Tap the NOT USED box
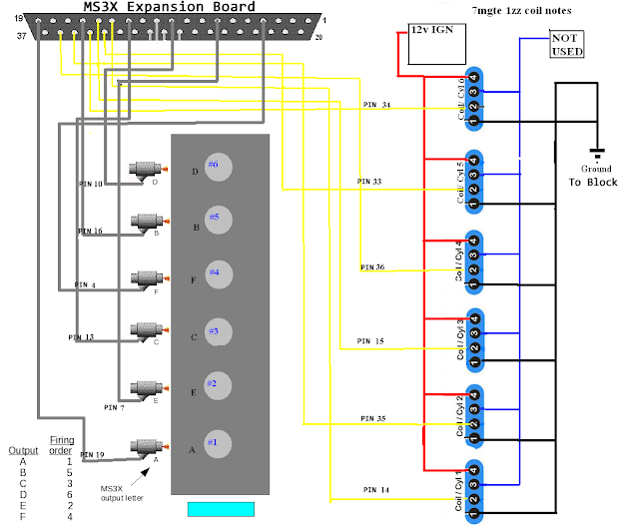click(565, 43)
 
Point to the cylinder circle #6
click(218, 164)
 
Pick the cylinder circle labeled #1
click(218, 440)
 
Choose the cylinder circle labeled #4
click(218, 271)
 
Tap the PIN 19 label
click(92, 455)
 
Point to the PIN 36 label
click(373, 266)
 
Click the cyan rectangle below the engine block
click(221, 509)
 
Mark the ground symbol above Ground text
click(597, 154)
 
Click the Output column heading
click(23, 451)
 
